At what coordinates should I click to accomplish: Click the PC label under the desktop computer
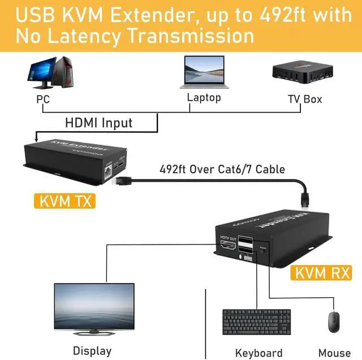44,100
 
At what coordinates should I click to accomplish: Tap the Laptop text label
204,98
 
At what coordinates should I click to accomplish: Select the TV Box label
305,99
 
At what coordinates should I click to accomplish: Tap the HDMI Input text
98,122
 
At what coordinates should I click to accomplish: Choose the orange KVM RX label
324,273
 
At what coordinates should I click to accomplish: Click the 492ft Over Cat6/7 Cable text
222,169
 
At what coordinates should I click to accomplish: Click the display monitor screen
93,306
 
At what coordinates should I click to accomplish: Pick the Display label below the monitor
92,351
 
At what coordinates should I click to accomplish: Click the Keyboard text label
258,353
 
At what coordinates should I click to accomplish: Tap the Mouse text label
334,353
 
